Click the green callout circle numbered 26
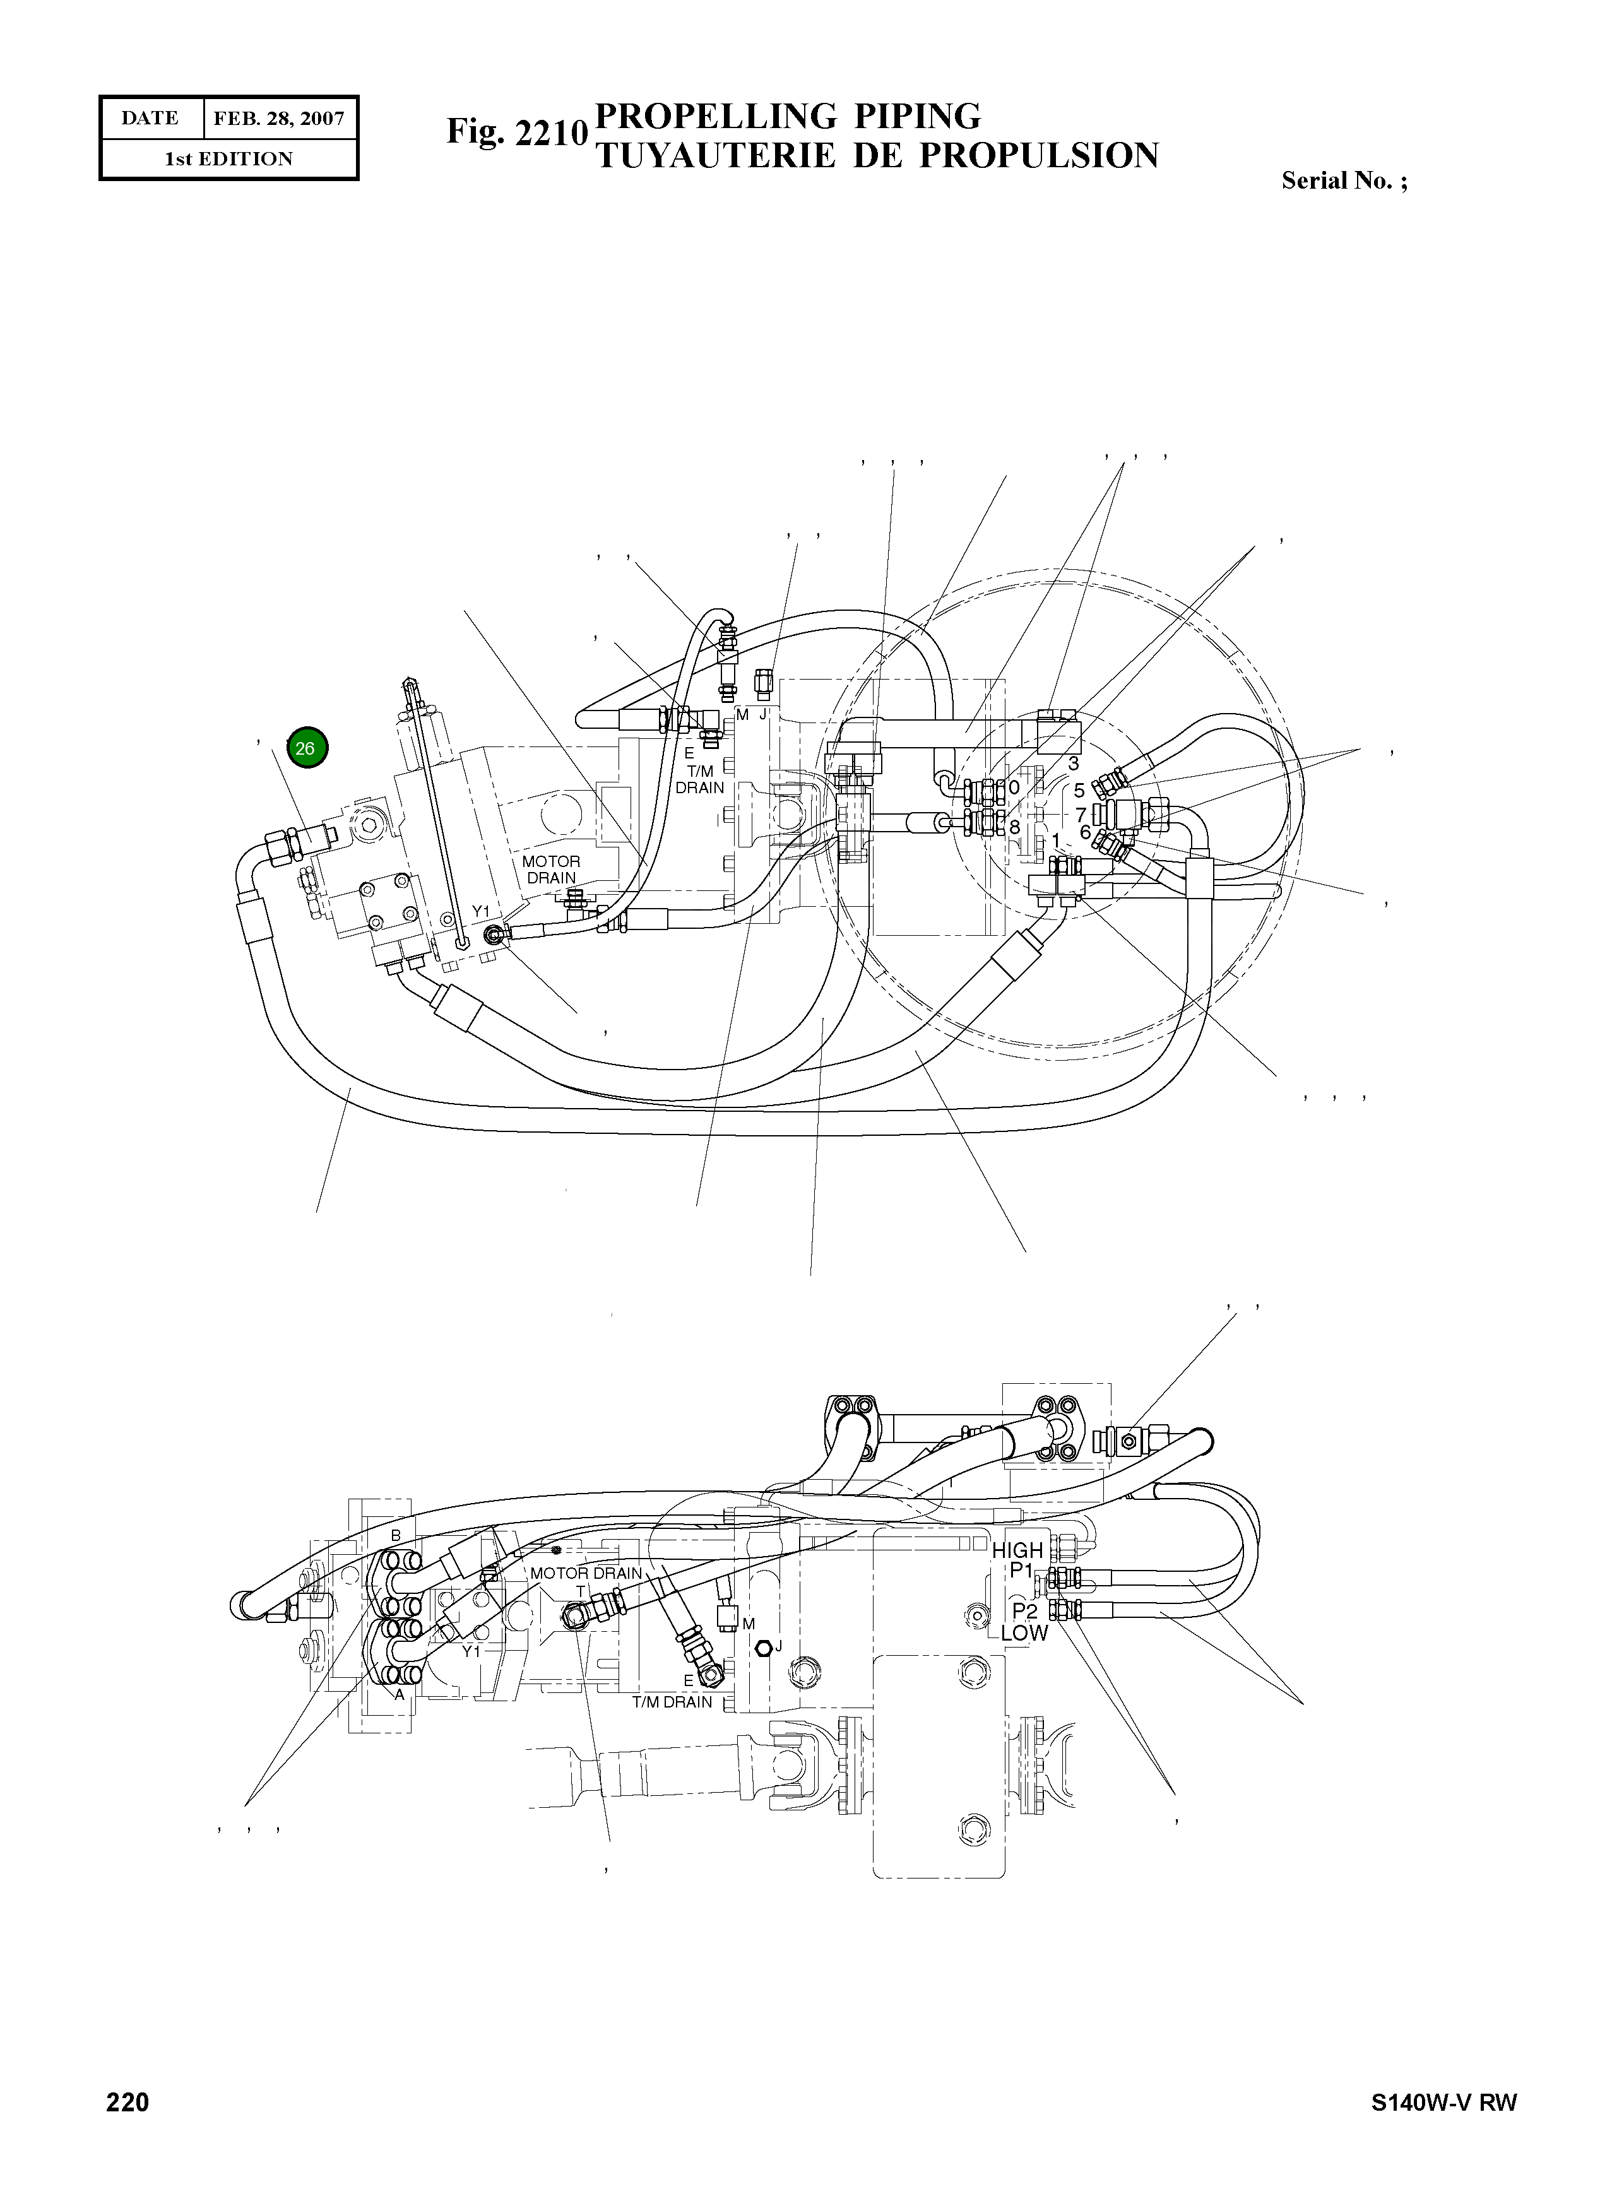306,748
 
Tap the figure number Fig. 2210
516,133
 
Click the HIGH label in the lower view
1017,1549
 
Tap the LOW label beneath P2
1024,1632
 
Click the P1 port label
1021,1570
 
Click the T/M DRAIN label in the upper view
699,779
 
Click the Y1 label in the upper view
480,911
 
